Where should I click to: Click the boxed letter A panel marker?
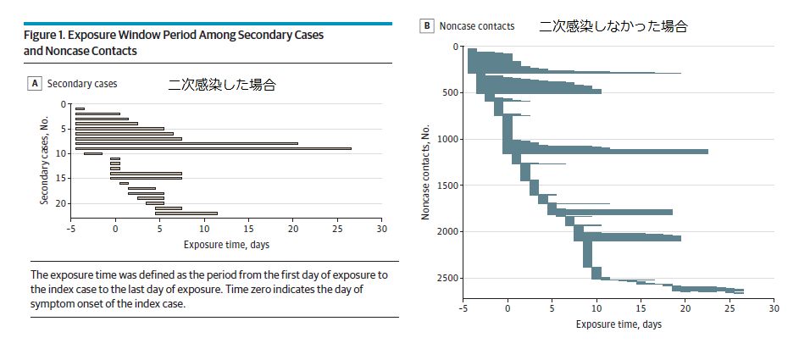tap(36, 84)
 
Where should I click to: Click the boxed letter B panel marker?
tap(428, 25)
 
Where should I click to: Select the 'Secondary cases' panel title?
tap(82, 84)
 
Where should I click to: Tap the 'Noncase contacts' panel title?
tap(477, 25)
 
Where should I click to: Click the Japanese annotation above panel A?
tap(222, 85)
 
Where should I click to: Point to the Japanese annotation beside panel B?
tap(613, 25)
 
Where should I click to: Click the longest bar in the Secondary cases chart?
tap(213, 148)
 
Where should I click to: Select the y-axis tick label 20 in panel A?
tap(60, 203)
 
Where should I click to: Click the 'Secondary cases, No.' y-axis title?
tap(43, 161)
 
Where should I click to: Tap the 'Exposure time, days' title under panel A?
tap(227, 245)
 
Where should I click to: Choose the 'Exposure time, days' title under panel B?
tap(619, 324)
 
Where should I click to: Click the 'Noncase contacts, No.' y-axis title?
tap(427, 172)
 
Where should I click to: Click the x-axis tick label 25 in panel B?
tap(730, 308)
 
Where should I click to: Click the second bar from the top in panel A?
tap(97, 114)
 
